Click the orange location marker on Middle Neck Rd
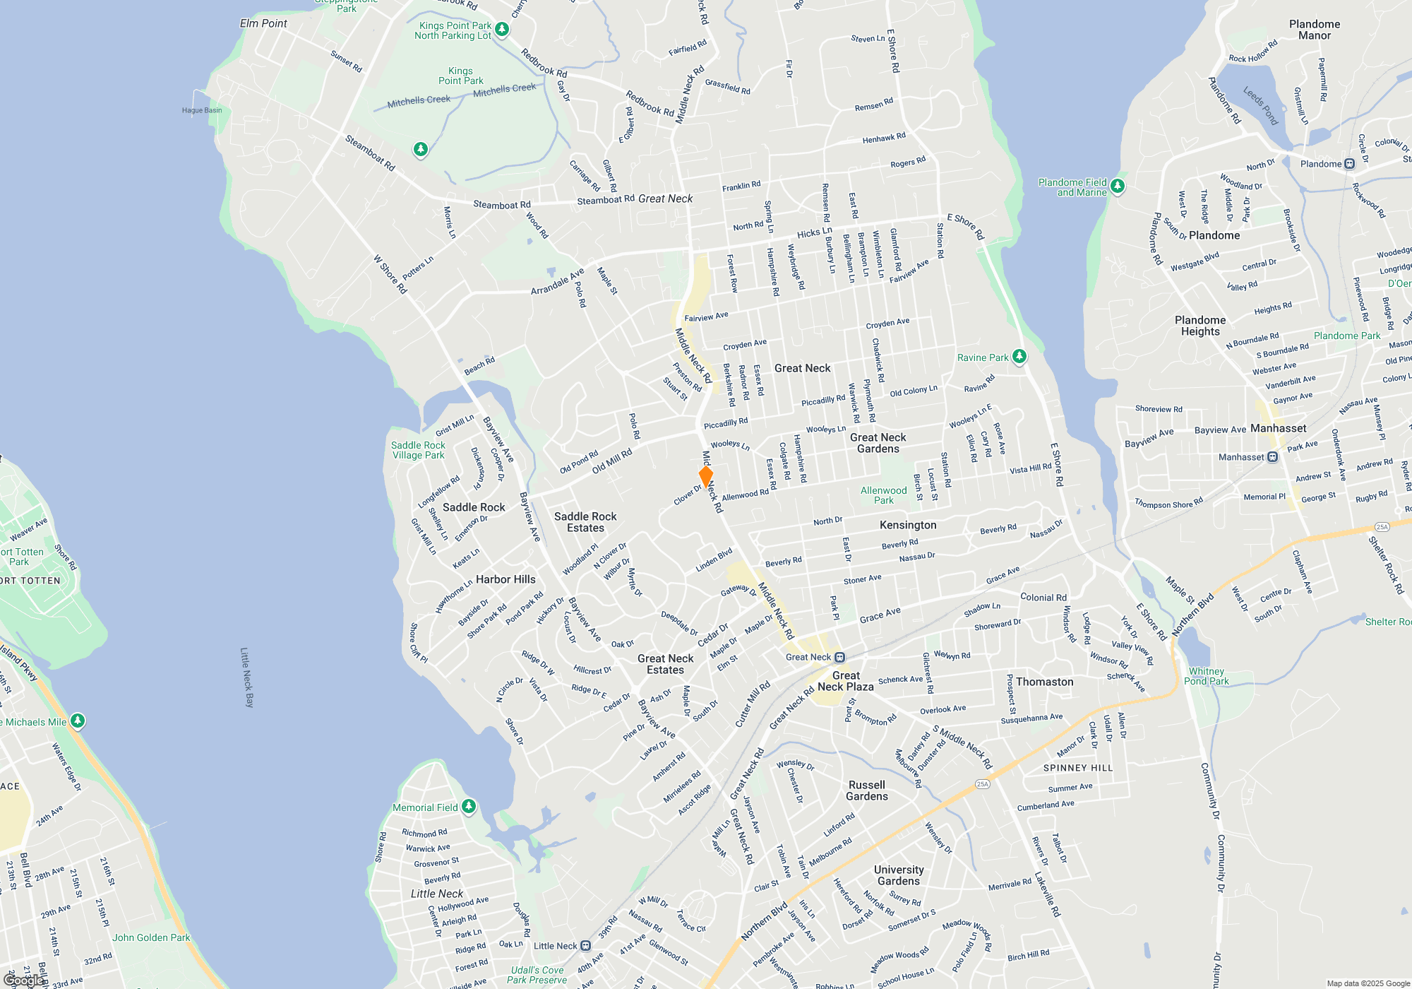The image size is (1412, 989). coord(705,476)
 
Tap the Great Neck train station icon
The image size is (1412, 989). coord(839,658)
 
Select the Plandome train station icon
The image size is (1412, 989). coord(1349,164)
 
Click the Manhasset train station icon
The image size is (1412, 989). coord(1272,457)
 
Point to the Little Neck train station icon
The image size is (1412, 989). coord(585,946)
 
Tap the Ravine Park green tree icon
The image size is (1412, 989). coord(1019,356)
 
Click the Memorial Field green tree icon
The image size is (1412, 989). coord(468,806)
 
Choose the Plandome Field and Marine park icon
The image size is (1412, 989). coord(1117,186)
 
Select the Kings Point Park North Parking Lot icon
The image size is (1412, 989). coord(501,29)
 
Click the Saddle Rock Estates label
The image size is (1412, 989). coord(585,522)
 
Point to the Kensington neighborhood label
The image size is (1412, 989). coord(908,525)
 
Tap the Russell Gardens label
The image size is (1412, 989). coord(867,790)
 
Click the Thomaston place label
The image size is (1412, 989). coord(1044,682)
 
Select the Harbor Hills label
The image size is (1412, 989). coord(505,579)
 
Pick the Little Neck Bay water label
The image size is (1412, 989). coord(246,677)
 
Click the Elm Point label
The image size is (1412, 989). coord(263,23)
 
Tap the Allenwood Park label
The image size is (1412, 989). coord(883,495)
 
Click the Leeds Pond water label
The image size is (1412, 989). coord(1261,106)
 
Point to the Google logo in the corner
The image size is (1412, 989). coord(24,980)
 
